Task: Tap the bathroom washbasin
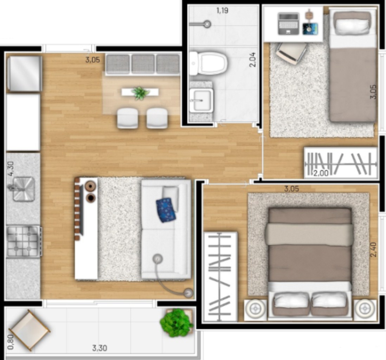pos(201,100)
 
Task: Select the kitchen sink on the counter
pos(24,189)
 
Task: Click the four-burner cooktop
pos(23,241)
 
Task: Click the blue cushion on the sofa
pos(166,210)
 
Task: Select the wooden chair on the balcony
pos(30,330)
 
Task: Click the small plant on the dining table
pos(140,93)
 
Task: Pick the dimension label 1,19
pos(222,11)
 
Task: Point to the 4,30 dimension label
pos(12,169)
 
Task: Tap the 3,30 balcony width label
pos(99,348)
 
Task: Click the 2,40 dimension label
pos(373,249)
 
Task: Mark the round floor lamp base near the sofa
pos(189,292)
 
